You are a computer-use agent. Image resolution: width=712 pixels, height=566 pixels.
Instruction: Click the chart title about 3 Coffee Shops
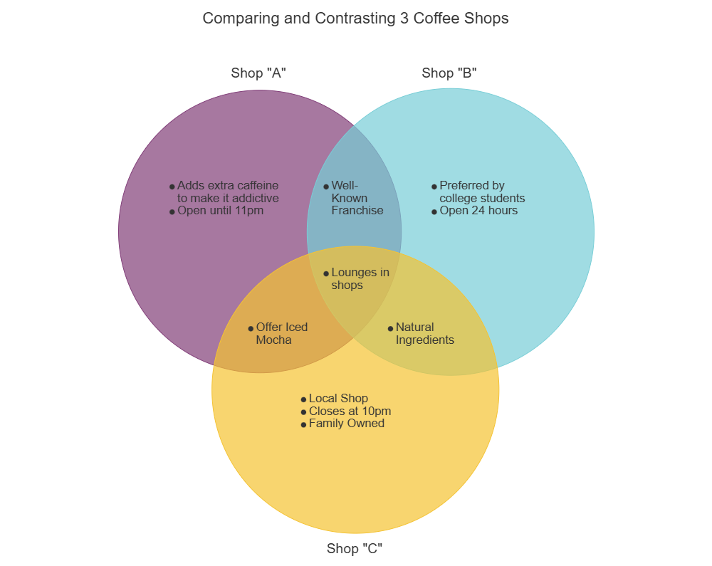click(355, 19)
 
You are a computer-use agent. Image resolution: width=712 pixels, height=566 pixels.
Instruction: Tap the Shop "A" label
click(258, 73)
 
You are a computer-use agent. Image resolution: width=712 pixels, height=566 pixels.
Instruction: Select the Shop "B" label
click(449, 73)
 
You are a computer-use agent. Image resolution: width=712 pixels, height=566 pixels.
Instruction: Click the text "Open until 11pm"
click(220, 211)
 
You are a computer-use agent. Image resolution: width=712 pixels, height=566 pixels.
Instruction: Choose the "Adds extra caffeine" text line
click(228, 186)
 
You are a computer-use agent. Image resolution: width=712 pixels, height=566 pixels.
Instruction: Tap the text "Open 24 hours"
click(478, 211)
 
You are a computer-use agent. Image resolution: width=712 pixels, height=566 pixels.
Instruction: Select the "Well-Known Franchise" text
click(357, 198)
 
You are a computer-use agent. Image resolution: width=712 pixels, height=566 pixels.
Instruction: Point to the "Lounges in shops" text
click(360, 278)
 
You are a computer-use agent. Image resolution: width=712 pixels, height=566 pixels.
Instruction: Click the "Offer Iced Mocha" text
click(281, 333)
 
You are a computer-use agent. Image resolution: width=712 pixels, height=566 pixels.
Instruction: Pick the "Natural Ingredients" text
click(424, 333)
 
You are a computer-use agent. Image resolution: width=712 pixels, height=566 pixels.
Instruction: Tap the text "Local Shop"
click(338, 399)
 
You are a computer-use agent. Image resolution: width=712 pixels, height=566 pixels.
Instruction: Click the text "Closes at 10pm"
click(350, 412)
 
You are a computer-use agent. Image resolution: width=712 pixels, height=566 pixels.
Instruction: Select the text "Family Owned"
click(346, 424)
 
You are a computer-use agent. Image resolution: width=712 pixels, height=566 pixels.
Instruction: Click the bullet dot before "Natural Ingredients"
click(390, 328)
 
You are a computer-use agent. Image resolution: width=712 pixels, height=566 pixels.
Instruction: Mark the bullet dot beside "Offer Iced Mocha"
click(251, 328)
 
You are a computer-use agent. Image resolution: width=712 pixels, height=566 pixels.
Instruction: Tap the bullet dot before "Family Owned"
click(303, 425)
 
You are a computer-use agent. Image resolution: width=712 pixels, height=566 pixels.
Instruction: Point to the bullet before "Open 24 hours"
click(434, 211)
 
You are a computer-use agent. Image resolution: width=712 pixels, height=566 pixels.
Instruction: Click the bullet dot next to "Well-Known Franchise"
click(326, 187)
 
